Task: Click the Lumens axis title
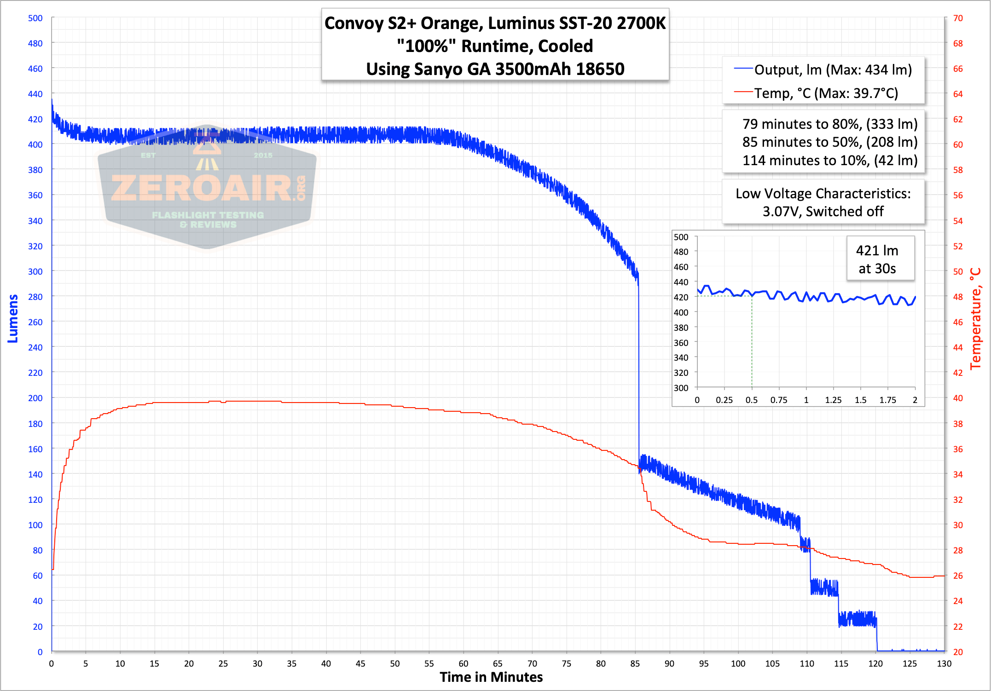point(13,318)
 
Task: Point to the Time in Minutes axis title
point(491,677)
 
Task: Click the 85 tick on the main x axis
point(635,663)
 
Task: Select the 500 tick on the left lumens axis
point(35,18)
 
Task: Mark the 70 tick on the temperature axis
point(958,18)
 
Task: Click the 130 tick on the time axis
point(944,663)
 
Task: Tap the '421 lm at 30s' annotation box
point(877,259)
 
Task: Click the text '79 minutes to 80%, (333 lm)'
point(829,124)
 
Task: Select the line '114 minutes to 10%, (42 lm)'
point(829,160)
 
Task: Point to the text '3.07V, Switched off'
point(823,211)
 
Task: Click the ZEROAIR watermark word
point(202,189)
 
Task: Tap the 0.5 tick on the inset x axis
point(752,400)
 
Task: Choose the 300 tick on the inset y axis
point(681,388)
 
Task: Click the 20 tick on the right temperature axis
point(958,651)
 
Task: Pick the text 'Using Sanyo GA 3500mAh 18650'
point(495,69)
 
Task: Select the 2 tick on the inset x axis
point(915,400)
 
